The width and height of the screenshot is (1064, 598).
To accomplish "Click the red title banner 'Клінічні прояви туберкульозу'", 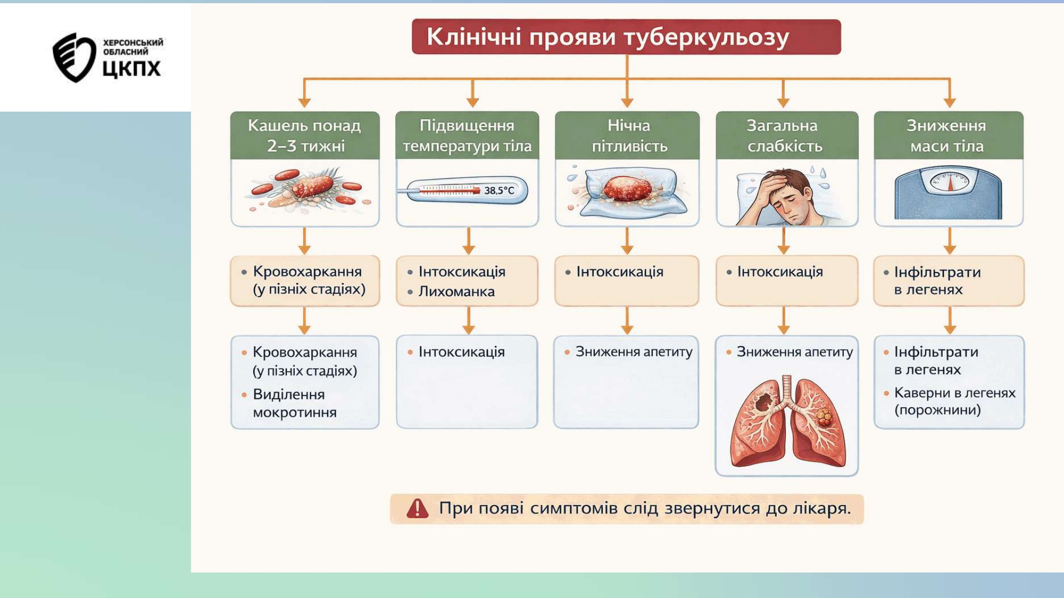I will pos(626,37).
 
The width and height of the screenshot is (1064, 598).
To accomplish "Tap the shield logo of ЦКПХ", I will pos(73,57).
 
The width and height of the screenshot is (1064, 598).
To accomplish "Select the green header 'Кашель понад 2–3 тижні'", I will pos(305,136).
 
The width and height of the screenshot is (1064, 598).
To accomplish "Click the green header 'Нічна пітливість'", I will pos(627,136).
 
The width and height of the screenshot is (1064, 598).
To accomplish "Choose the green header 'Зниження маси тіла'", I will pos(948,136).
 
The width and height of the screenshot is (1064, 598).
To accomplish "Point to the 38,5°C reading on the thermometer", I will pos(499,190).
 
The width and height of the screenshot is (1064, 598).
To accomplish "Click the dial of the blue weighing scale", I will pos(950,182).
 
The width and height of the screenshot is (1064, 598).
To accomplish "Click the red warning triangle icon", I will pos(417,509).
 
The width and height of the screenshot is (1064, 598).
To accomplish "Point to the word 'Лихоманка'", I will pos(456,291).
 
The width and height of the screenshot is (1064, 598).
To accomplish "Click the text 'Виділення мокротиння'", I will pos(294,403).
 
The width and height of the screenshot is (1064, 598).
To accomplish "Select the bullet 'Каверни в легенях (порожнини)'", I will pos(954,401).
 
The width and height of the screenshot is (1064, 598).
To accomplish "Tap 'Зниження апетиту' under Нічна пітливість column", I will pos(634,352).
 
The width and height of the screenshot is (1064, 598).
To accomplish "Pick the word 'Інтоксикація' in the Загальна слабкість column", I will pos(780,272).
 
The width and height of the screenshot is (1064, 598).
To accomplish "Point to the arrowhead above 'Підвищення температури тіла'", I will pos(472,102).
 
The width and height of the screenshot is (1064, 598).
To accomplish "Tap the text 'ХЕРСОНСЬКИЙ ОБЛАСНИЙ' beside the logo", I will pos(132,47).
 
